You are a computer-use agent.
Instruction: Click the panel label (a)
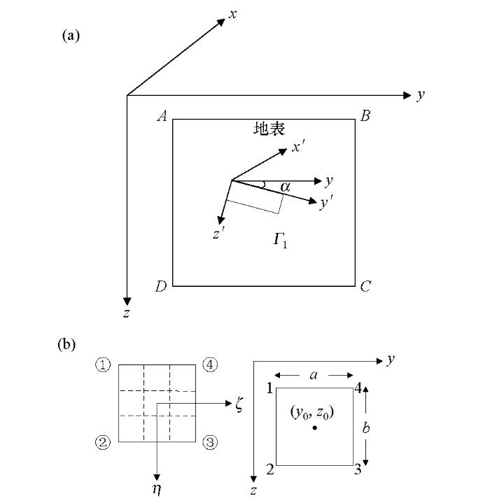(71, 36)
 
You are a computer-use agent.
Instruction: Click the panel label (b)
(66, 344)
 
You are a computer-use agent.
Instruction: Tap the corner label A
(162, 116)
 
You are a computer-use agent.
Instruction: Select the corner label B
(365, 116)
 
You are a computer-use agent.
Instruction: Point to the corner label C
(365, 286)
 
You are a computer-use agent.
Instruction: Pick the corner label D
(161, 286)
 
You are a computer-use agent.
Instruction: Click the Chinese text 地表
(269, 129)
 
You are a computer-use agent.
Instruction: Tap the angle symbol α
(285, 187)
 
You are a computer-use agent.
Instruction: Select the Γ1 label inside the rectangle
(280, 241)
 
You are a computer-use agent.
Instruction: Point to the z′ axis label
(219, 232)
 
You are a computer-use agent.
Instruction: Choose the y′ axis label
(326, 203)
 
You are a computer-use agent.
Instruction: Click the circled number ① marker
(103, 364)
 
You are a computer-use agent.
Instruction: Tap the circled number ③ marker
(210, 442)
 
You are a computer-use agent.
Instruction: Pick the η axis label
(157, 489)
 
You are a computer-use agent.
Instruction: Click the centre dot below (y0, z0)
(315, 427)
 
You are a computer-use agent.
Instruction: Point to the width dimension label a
(314, 375)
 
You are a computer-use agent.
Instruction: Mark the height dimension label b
(366, 427)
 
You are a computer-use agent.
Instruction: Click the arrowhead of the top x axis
(222, 22)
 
